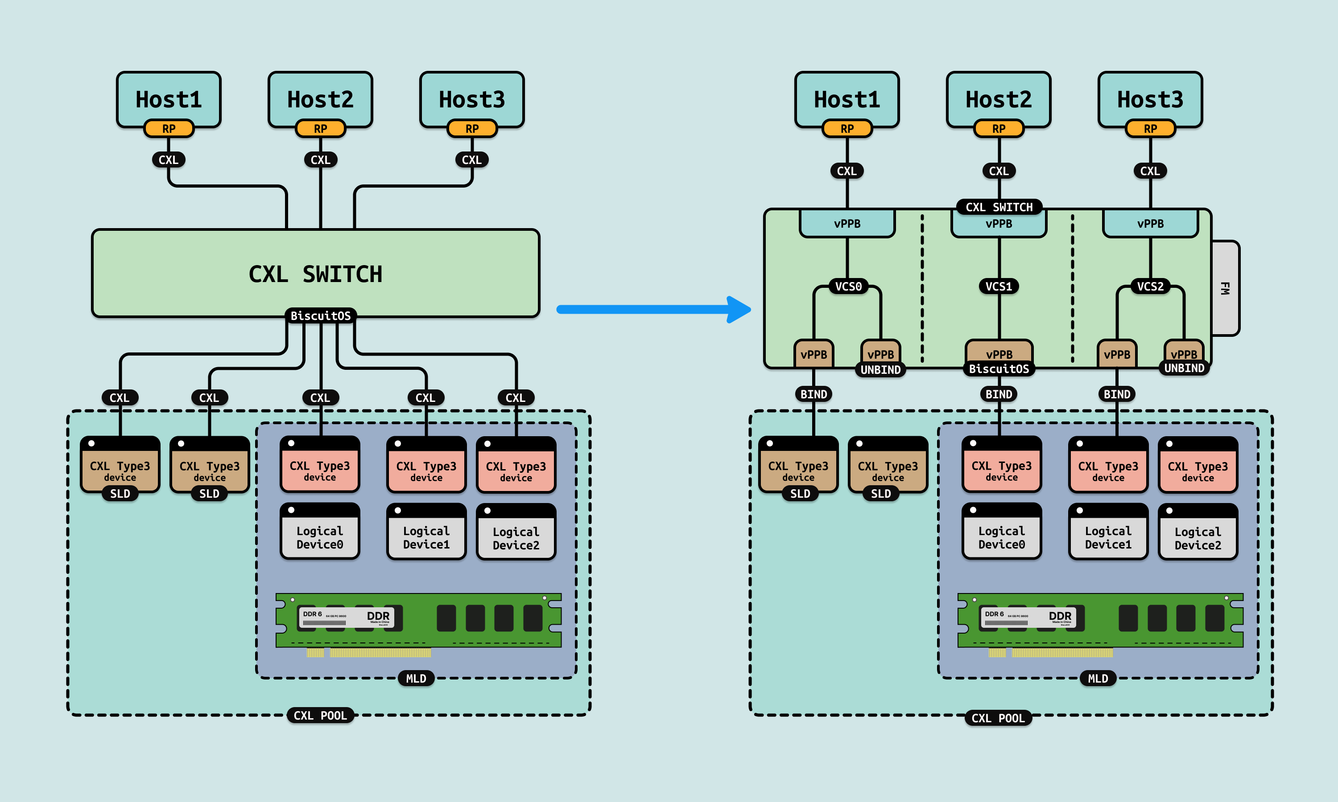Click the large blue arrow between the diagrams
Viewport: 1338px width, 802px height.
point(649,309)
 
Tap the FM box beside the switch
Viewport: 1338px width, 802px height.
point(1225,288)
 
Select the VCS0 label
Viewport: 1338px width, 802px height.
point(848,286)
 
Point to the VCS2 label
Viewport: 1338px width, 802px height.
point(1150,286)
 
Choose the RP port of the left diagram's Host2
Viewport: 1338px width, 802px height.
point(320,129)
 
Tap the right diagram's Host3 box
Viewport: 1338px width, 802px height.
point(1150,98)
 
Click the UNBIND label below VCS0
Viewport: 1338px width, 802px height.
point(880,370)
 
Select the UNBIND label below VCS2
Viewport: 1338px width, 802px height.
point(1184,368)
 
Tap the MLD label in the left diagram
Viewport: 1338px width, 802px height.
point(416,679)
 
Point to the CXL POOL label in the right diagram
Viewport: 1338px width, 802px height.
point(998,718)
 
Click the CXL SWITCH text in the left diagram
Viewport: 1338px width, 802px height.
point(315,274)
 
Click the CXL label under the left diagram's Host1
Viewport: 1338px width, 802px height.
point(168,160)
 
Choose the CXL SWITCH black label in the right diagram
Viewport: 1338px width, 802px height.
point(999,208)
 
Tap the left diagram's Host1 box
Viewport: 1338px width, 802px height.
point(168,98)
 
